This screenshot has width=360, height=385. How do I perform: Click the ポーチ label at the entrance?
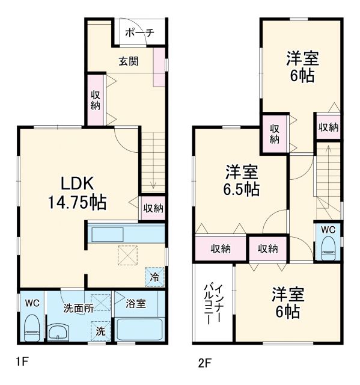point(139,33)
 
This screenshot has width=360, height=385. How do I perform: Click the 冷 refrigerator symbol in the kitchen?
point(154,277)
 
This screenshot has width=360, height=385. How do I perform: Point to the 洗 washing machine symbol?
point(100,330)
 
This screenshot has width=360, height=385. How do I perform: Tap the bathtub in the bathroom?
point(138,331)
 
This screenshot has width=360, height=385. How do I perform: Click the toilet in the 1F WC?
point(31,327)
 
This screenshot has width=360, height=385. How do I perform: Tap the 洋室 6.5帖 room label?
point(242,180)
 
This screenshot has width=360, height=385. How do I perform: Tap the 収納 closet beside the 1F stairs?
point(153,208)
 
